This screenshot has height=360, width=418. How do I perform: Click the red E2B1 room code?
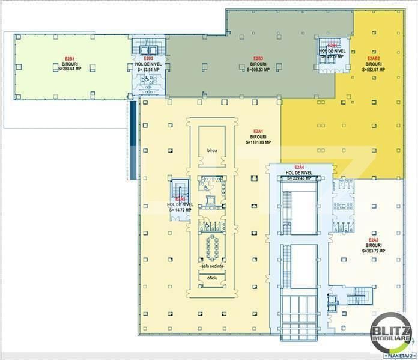coord(69,58)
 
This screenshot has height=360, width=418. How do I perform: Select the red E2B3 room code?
coord(259,58)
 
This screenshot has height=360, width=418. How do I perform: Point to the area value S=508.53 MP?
coord(259,69)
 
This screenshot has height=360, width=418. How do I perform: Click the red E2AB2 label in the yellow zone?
coord(373,58)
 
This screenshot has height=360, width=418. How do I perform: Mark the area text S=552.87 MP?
coord(373,69)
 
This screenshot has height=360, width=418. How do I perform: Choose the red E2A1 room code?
coord(259,132)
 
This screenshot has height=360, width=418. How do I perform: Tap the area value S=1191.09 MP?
coord(259,142)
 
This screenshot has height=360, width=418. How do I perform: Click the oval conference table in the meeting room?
coord(211,246)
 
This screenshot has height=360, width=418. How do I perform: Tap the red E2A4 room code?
coord(298,167)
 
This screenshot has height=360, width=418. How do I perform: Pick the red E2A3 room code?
coord(374,240)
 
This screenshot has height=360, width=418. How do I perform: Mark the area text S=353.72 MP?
coord(374,251)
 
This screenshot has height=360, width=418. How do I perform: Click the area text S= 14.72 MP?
coord(179,210)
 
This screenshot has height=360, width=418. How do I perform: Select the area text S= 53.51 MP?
coord(148,69)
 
